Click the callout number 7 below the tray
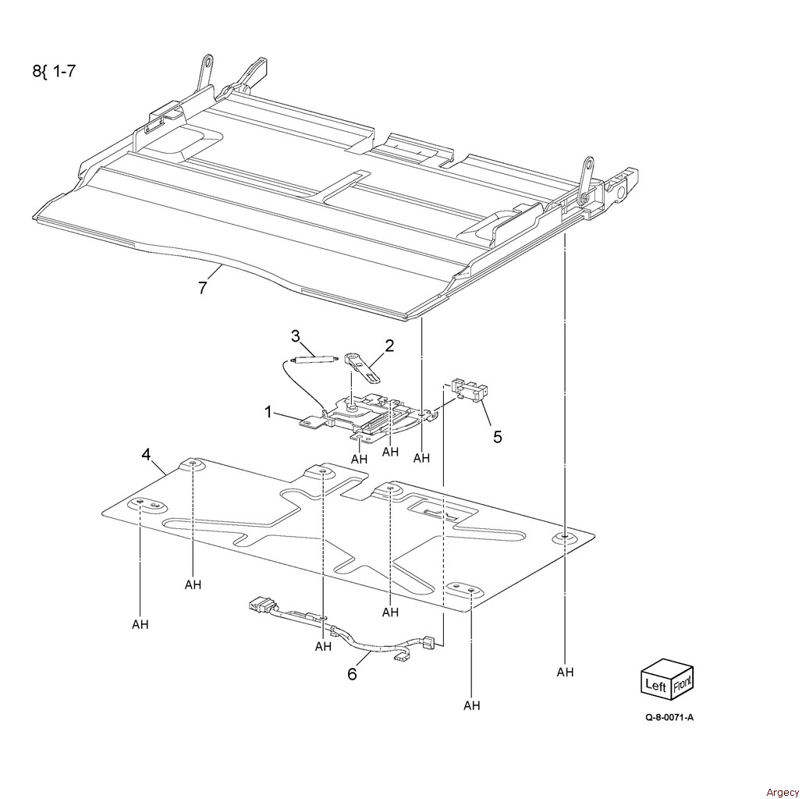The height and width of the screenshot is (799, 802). (202, 288)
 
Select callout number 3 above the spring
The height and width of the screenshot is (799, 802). (296, 336)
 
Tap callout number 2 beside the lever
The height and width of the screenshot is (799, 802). (389, 345)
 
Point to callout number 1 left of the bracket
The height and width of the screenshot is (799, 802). (268, 412)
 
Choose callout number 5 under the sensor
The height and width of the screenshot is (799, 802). (497, 436)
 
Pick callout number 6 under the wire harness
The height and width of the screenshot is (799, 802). (352, 673)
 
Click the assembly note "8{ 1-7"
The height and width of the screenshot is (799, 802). (54, 73)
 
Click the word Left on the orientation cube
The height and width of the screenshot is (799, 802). (656, 685)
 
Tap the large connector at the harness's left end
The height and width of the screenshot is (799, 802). (260, 605)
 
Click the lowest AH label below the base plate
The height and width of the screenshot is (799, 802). (472, 706)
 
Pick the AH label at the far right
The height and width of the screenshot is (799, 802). (565, 672)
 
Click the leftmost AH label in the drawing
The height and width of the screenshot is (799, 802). (140, 624)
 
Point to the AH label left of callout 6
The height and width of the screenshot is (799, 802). (323, 646)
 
